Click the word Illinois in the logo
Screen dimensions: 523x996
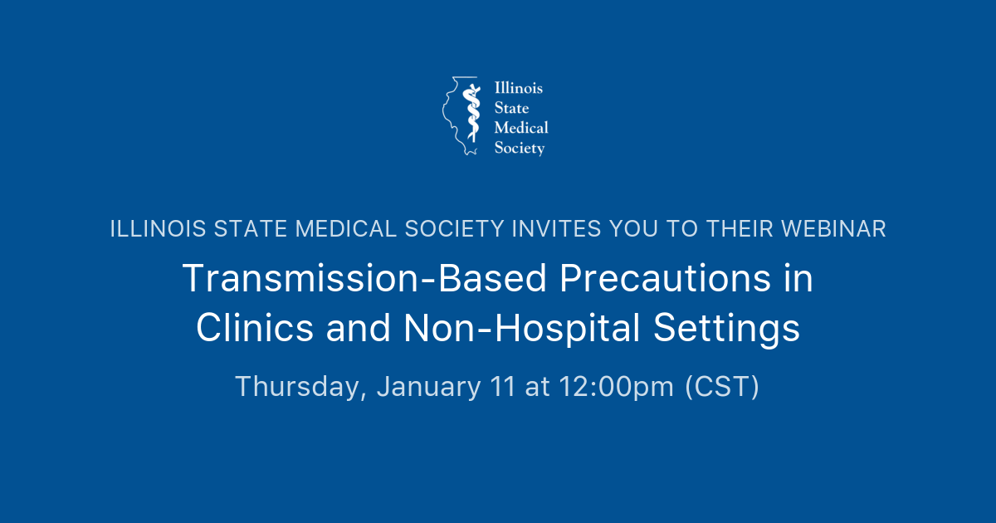(x=519, y=88)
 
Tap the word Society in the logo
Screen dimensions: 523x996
(x=520, y=149)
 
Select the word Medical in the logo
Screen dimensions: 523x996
(x=521, y=128)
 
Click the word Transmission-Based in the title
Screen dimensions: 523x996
(x=365, y=280)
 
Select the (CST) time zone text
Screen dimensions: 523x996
(x=721, y=387)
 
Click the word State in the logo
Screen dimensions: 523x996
(x=511, y=108)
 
